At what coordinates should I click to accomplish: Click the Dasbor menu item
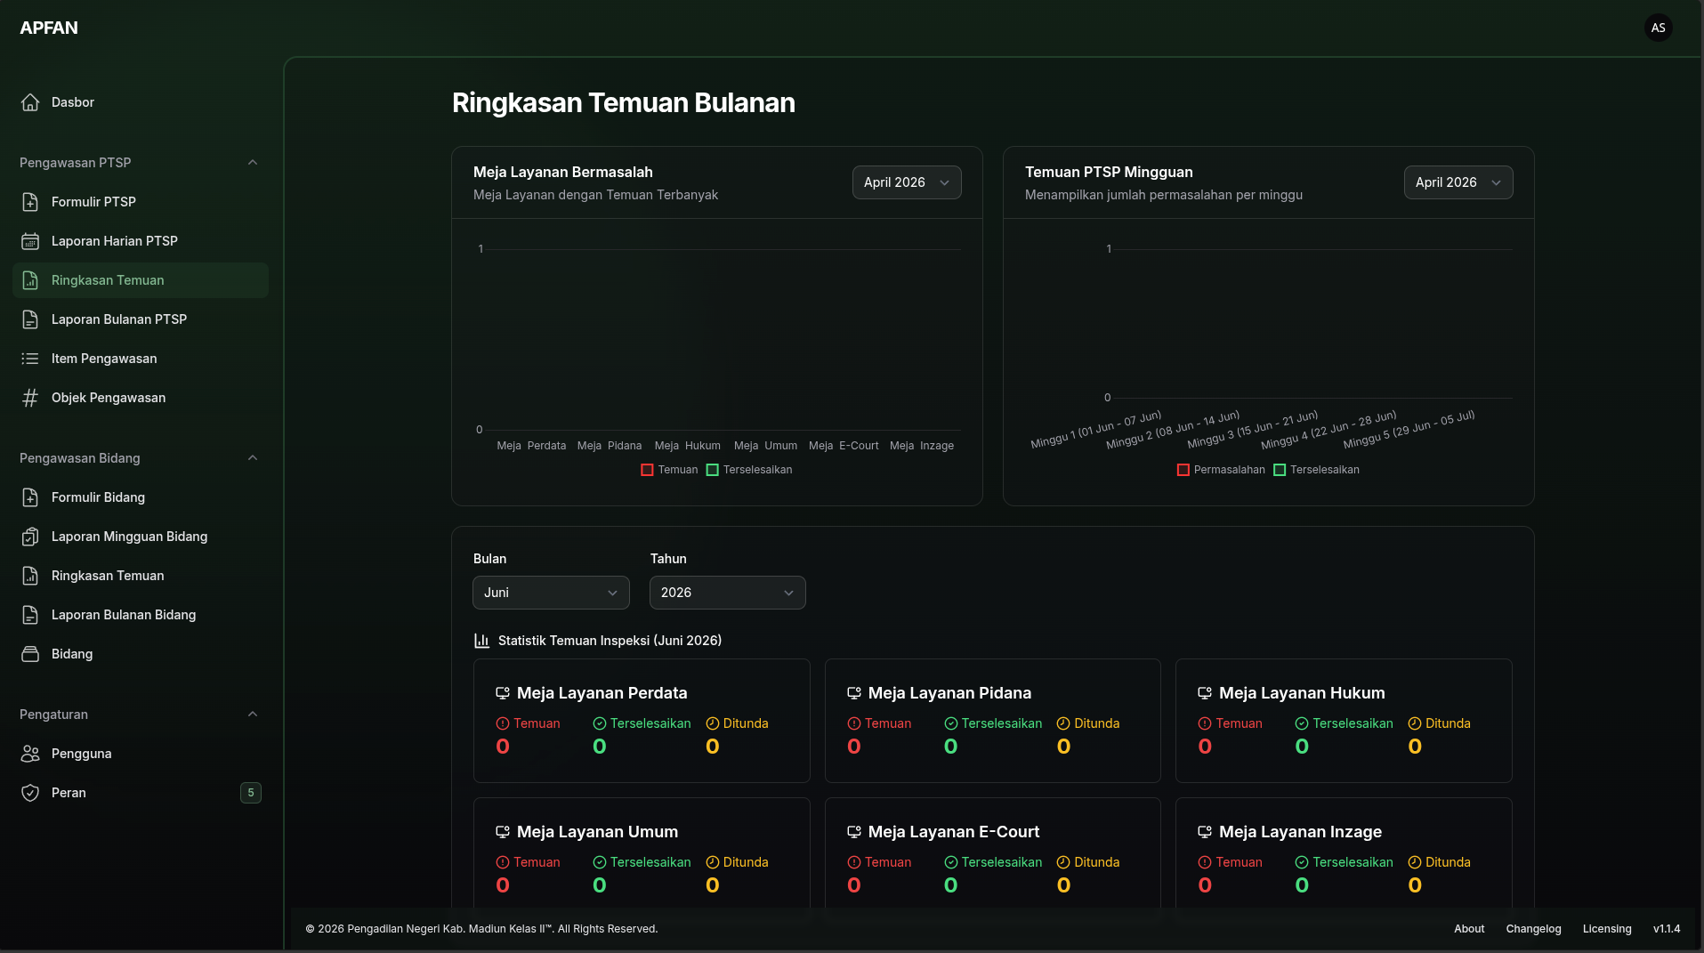pos(73,102)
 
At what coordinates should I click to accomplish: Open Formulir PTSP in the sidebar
pos(93,202)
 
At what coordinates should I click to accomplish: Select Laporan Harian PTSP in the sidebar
pos(114,241)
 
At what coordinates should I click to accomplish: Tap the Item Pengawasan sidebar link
pos(103,359)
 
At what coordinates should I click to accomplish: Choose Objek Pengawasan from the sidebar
pos(108,398)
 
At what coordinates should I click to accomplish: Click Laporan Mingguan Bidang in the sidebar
pos(129,537)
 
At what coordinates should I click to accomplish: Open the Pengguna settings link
pos(81,754)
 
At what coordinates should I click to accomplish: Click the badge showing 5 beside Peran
pos(251,793)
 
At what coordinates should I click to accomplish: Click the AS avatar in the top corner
pos(1658,28)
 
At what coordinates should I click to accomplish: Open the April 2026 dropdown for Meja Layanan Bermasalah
pos(907,182)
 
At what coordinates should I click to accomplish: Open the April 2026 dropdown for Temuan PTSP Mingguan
pos(1458,182)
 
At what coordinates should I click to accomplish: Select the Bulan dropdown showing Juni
pos(551,593)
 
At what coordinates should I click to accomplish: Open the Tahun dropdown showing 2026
pos(728,593)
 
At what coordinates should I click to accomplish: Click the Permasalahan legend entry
pos(1221,470)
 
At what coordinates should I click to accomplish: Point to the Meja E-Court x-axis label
pos(844,446)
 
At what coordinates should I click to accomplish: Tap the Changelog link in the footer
pos(1533,929)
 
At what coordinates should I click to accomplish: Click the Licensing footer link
pos(1607,929)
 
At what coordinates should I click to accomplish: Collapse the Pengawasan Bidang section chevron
pos(253,458)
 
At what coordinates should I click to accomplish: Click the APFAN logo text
pos(49,28)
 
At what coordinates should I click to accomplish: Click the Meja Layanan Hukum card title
pos(1302,693)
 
